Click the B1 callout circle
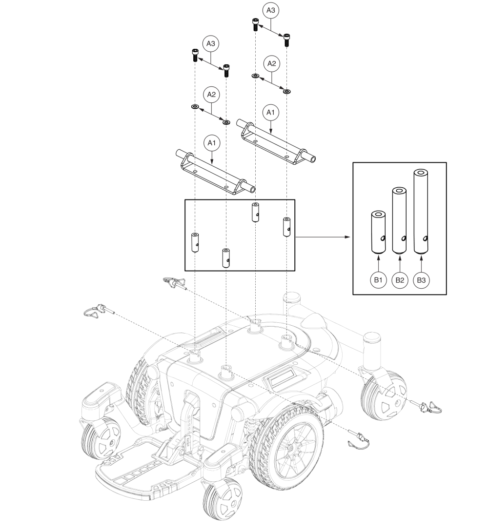point(377,280)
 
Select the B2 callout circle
point(399,280)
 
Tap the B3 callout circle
point(421,280)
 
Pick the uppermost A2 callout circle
point(271,63)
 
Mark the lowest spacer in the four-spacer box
point(226,258)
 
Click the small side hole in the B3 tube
point(426,238)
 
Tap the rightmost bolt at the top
point(287,39)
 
